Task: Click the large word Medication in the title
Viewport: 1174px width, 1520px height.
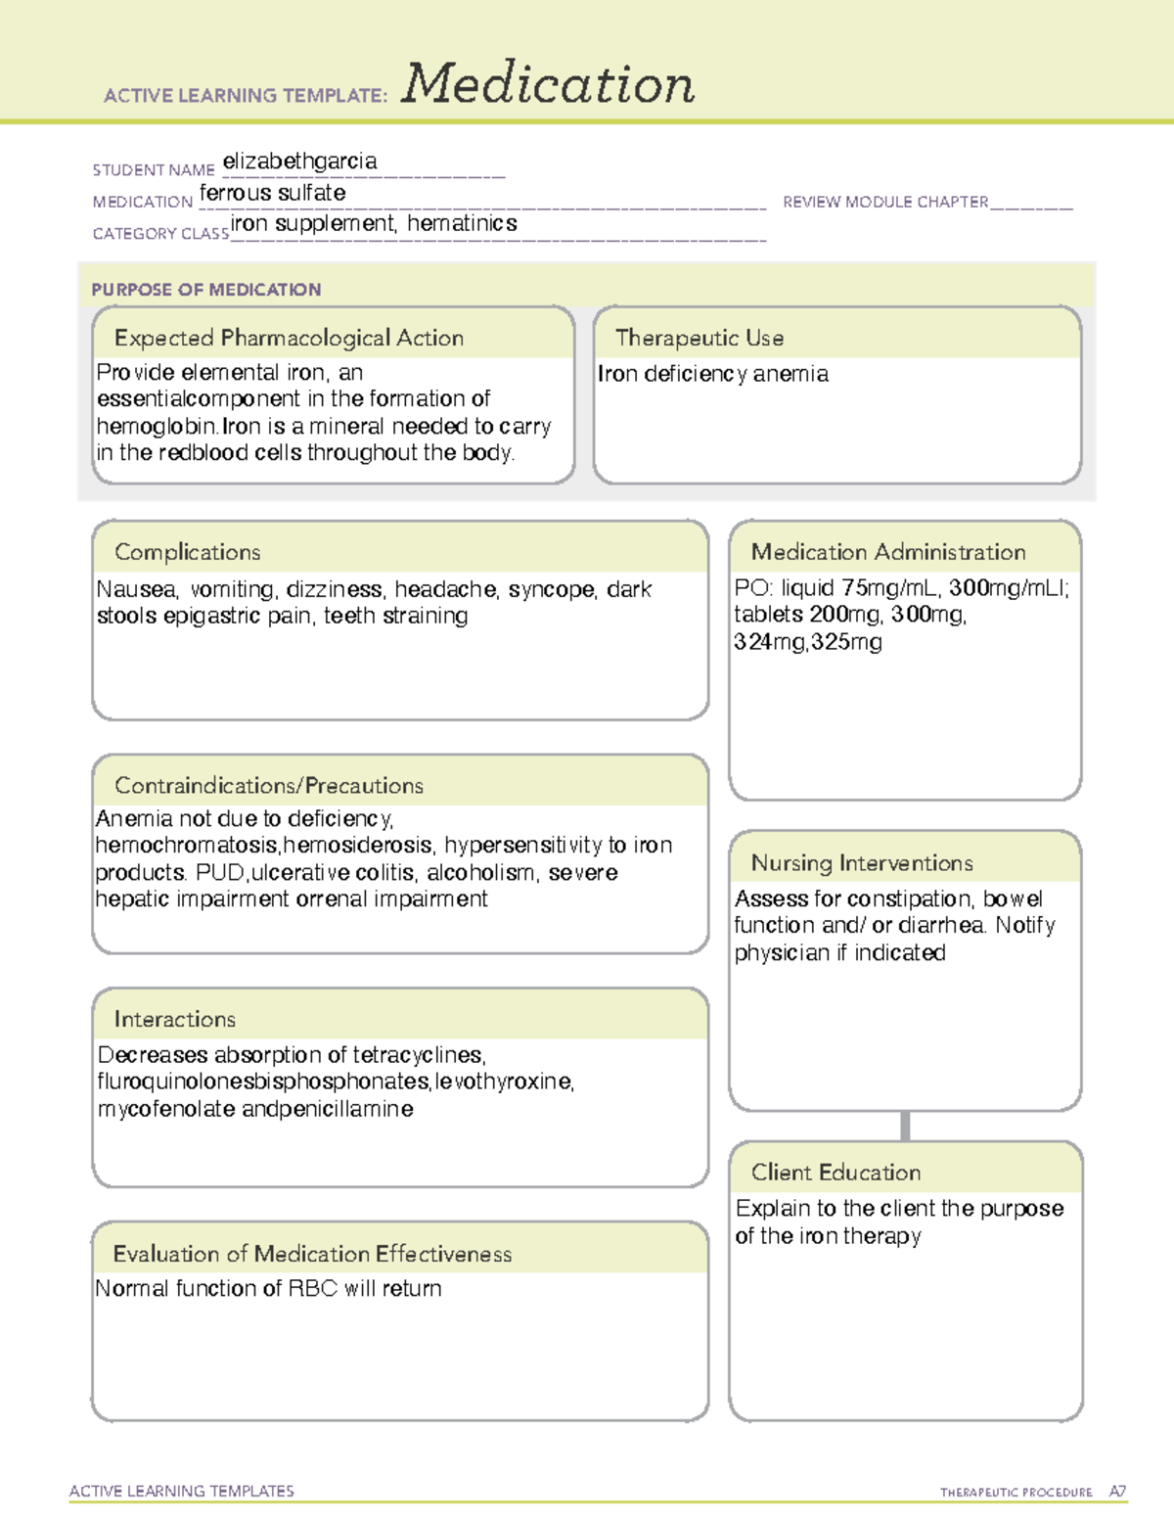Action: [547, 84]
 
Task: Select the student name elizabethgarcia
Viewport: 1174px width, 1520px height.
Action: [299, 161]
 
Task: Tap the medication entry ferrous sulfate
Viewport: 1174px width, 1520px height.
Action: [272, 194]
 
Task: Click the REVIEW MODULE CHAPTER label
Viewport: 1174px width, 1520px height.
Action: [885, 203]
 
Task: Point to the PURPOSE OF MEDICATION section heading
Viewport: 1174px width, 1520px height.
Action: [205, 290]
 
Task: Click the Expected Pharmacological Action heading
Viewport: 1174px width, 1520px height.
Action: [289, 338]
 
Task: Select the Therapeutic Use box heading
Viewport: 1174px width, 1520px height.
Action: [699, 338]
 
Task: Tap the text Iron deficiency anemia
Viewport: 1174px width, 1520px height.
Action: [712, 374]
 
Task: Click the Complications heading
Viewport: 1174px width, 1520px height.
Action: [187, 552]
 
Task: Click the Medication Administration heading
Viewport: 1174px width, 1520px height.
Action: [887, 552]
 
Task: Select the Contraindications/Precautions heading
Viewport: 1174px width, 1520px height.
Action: [268, 786]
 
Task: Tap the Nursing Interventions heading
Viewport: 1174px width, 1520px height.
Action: [861, 863]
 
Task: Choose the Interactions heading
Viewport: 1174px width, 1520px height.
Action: [174, 1020]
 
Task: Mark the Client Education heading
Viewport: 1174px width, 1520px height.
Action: [835, 1173]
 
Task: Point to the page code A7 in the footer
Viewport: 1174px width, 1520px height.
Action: [1117, 1492]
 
